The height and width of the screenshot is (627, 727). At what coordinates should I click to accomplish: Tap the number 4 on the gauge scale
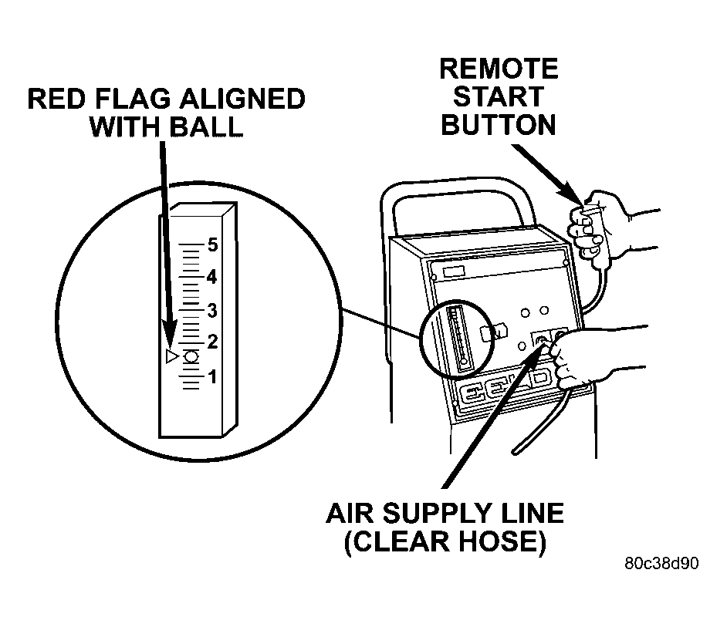point(214,277)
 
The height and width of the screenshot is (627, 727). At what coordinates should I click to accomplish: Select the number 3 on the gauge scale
point(214,310)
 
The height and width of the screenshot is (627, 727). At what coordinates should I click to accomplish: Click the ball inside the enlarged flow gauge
point(191,356)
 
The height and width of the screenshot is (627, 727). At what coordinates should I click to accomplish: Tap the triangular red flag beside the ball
point(172,356)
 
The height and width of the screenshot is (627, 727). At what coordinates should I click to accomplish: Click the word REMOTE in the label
point(499,69)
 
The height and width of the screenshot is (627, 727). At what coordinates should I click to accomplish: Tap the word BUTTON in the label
point(499,124)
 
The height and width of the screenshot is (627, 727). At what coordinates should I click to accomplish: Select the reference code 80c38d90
point(661,563)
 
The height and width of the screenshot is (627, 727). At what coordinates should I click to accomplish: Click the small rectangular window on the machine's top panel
point(455,271)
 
